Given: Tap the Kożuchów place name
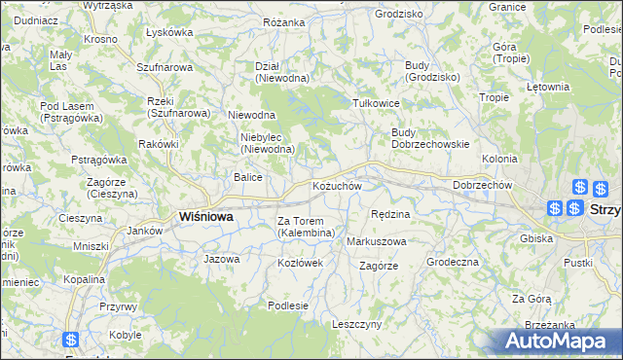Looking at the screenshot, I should point(337,186).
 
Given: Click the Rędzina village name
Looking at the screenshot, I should point(391,213).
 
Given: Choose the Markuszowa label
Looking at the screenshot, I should point(377,241).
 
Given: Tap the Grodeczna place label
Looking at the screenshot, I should point(453,263).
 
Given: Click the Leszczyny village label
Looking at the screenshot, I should point(357,324).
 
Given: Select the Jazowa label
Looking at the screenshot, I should point(221,260).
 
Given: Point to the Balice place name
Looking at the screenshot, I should point(247,177).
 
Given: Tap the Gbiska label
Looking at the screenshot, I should point(536,238).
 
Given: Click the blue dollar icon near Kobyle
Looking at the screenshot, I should point(71,341).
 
